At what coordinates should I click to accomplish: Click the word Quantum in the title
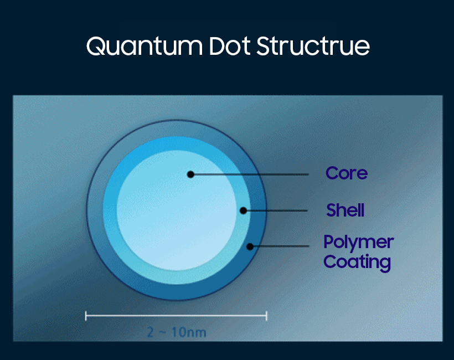[x=145, y=46]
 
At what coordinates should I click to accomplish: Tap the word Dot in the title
[x=230, y=46]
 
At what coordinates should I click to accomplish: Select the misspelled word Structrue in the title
[x=313, y=46]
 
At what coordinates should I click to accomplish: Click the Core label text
[x=347, y=173]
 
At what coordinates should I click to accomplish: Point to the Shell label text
[x=345, y=210]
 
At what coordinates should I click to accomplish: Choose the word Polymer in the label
[x=358, y=242]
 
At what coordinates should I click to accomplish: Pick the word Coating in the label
[x=357, y=262]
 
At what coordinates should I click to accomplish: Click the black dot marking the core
[x=190, y=174]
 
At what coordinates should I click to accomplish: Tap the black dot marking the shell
[x=244, y=210]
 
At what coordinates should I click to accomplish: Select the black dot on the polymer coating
[x=250, y=246]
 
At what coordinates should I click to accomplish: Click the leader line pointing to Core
[x=250, y=174]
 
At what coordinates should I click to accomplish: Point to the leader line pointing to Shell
[x=275, y=210]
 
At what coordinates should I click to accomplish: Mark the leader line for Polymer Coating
[x=280, y=246]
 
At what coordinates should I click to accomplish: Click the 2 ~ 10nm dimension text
[x=177, y=332]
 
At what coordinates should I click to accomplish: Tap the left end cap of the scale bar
[x=86, y=316]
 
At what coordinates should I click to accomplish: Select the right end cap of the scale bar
[x=266, y=316]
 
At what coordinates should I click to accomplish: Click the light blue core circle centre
[x=177, y=210]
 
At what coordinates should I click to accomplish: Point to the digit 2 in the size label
[x=150, y=332]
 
